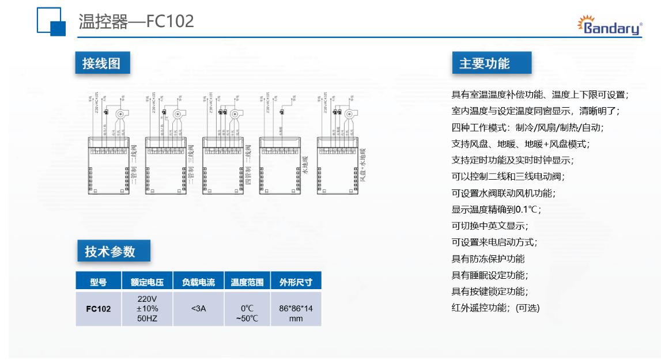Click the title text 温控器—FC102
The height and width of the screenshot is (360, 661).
pos(136,22)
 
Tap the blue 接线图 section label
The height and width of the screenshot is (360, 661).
pos(101,63)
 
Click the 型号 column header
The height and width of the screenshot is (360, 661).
pos(98,282)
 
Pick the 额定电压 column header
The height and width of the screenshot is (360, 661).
pos(148,282)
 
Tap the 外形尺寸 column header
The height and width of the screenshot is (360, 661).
pos(296,282)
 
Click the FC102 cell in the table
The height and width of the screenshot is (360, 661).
pos(98,309)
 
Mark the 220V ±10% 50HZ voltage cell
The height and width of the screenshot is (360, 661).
pos(148,309)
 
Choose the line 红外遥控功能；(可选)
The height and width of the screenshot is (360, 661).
pos(495,308)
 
